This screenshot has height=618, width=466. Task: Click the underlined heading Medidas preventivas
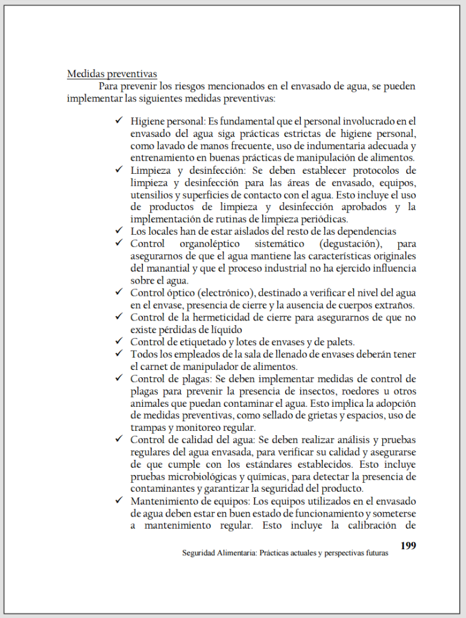[112, 74]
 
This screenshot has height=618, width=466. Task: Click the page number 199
[408, 546]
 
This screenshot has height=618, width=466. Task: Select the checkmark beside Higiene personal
[119, 121]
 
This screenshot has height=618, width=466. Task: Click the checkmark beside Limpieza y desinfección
[119, 170]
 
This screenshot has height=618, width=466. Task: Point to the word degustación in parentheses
[345, 243]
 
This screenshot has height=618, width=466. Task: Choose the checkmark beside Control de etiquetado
[119, 342]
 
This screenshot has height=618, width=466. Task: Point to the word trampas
[148, 428]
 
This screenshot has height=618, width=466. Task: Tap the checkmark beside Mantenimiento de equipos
[119, 502]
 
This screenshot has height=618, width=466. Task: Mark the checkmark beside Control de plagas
[119, 379]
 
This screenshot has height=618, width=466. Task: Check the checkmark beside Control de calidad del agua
[119, 440]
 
